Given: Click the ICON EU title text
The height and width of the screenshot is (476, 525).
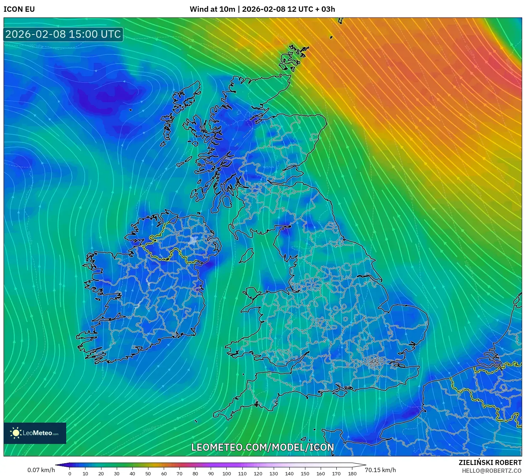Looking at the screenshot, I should [19, 9].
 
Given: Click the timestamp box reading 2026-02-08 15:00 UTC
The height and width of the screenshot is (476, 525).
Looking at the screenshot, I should [63, 34].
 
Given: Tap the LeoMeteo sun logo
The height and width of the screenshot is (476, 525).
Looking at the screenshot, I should [16, 433].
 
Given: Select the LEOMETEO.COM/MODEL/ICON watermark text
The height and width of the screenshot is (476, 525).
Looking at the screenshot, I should [262, 448].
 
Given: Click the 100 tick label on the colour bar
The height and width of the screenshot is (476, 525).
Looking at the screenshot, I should [227, 474].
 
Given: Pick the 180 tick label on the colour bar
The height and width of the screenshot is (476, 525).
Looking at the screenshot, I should [352, 474].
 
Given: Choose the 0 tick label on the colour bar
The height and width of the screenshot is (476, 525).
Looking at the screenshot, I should [70, 474].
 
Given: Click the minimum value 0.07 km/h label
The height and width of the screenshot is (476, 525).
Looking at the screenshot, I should [41, 470].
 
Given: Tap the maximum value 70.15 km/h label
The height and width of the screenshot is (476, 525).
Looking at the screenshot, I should [380, 470].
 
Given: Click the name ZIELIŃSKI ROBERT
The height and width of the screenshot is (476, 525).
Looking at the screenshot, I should [490, 462].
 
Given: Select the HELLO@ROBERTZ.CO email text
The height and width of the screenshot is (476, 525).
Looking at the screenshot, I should [492, 471].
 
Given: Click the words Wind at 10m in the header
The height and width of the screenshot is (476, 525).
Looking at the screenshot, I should [212, 9].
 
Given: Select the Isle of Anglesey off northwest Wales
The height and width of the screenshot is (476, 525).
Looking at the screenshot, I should [253, 294].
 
